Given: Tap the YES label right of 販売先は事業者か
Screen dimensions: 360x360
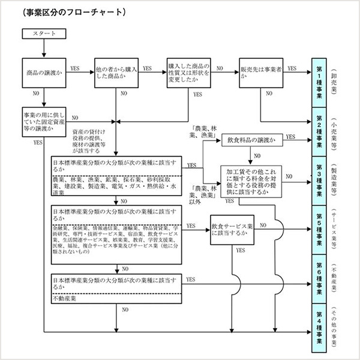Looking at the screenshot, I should (x=292, y=69).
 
